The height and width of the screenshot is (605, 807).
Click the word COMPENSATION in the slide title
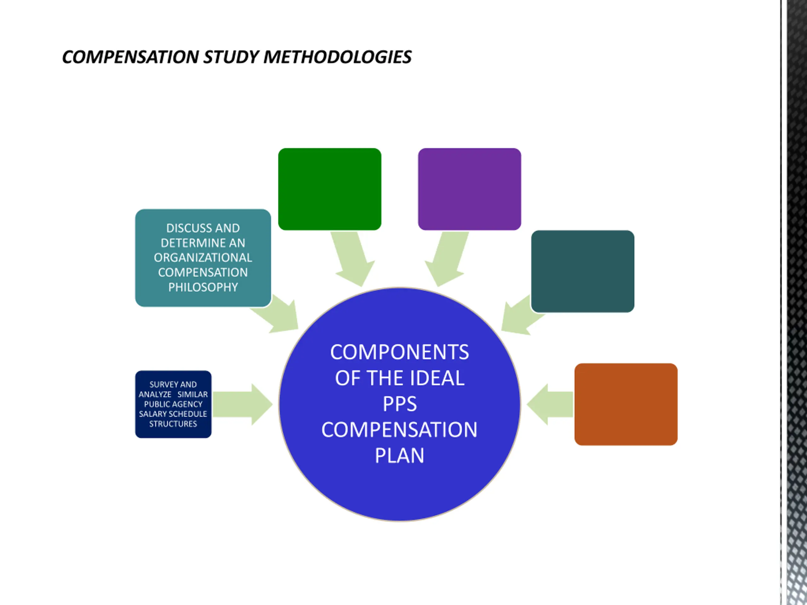click(130, 57)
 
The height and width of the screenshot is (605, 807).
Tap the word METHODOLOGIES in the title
click(338, 57)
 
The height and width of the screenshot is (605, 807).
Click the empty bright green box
click(329, 189)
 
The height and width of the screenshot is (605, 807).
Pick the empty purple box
click(469, 189)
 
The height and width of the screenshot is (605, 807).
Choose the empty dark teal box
click(582, 271)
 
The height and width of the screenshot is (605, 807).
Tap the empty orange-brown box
click(626, 404)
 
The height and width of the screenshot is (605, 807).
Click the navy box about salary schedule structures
click(173, 404)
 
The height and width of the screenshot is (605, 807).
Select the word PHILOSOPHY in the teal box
click(203, 287)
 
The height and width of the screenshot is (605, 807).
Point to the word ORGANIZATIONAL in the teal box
click(203, 258)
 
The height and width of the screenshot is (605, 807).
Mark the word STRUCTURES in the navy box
click(173, 424)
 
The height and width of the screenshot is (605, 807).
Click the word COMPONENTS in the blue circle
click(399, 352)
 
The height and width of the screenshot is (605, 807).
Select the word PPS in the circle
click(399, 404)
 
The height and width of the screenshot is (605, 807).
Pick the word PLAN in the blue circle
click(399, 455)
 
